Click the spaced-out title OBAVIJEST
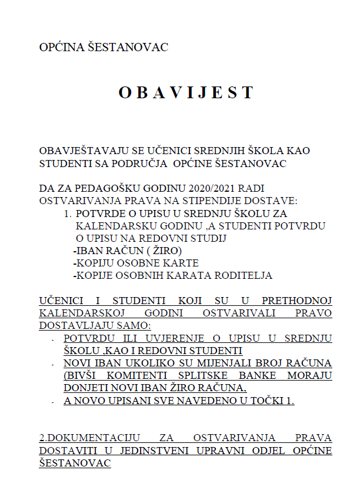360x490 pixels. tap(186, 92)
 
